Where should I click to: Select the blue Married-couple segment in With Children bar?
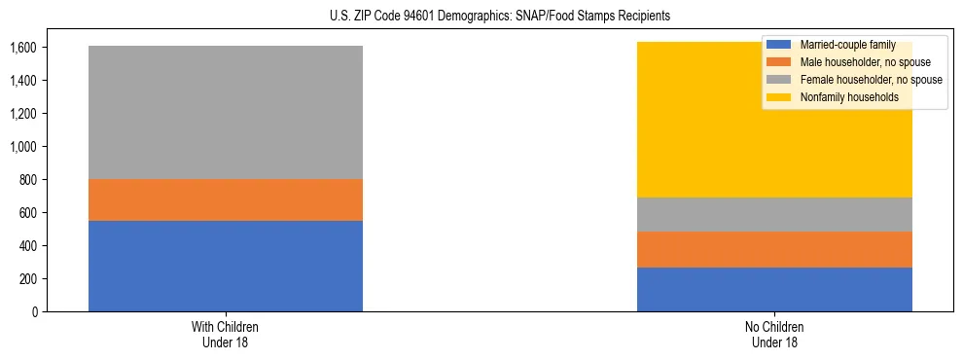coord(226,266)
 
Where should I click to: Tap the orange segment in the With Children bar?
coord(226,199)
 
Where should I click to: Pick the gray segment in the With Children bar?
coord(226,112)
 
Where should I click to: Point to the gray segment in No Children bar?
coord(774,214)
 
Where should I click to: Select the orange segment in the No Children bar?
coord(774,249)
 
